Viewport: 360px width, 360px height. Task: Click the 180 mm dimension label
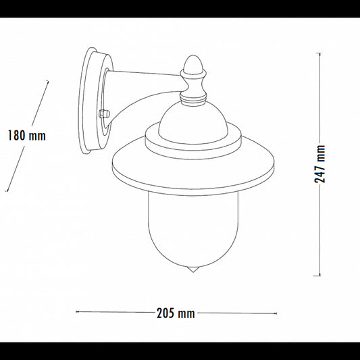pyautogui.click(x=27, y=136)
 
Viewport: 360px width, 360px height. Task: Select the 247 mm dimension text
pyautogui.click(x=319, y=164)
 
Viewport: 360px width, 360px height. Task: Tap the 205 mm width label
pyautogui.click(x=176, y=313)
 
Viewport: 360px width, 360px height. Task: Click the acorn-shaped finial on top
pyautogui.click(x=193, y=65)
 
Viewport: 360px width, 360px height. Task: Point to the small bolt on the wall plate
pyautogui.click(x=104, y=114)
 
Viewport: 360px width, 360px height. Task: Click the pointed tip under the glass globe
pyautogui.click(x=193, y=271)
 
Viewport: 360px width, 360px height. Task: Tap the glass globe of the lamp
pyautogui.click(x=193, y=230)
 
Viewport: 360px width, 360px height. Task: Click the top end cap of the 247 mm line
pyautogui.click(x=318, y=53)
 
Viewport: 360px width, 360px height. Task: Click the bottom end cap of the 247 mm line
pyautogui.click(x=317, y=276)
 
